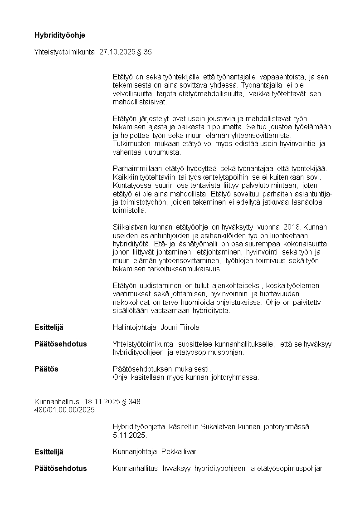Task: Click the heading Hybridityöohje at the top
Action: (x=60, y=35)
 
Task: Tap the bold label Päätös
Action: (x=46, y=369)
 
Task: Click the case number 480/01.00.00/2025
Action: (x=65, y=410)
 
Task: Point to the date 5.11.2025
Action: (x=130, y=435)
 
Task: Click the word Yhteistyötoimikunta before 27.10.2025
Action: (x=65, y=52)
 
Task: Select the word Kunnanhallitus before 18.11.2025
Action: (x=57, y=401)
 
